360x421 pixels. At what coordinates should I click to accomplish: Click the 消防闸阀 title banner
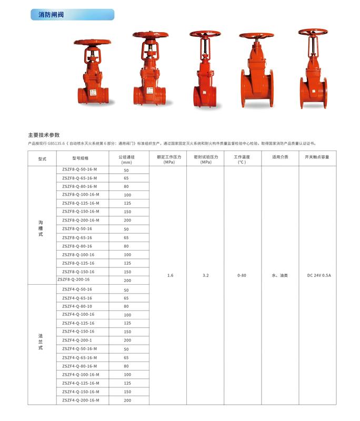pyautogui.click(x=73, y=15)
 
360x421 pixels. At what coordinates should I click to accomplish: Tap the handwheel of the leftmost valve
pyautogui.click(x=92, y=42)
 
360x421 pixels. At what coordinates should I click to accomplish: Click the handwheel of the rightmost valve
pyautogui.click(x=313, y=32)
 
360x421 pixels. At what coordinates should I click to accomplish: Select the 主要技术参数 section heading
pyautogui.click(x=44, y=135)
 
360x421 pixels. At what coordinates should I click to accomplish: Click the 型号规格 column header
pyautogui.click(x=81, y=158)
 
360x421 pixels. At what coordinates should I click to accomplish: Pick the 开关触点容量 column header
pyautogui.click(x=317, y=157)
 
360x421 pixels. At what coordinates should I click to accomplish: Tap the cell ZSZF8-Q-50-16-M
pyautogui.click(x=79, y=169)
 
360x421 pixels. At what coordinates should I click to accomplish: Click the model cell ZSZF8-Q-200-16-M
pyautogui.click(x=81, y=220)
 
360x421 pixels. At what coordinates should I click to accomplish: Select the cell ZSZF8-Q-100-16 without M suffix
pyautogui.click(x=78, y=255)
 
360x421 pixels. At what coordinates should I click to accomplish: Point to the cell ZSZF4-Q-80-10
pyautogui.click(x=77, y=306)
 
